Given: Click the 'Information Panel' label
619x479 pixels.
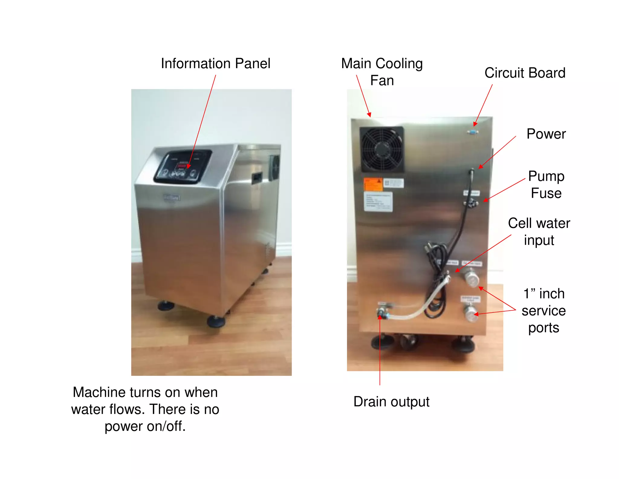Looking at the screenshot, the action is (216, 64).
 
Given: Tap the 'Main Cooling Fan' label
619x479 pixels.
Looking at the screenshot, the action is (382, 72).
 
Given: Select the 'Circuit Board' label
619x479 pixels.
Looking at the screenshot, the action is (525, 73).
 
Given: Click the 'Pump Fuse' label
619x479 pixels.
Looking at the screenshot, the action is (546, 184).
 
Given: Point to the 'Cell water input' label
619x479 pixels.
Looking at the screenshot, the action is (539, 232).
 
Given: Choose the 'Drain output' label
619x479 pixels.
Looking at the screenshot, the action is (391, 402).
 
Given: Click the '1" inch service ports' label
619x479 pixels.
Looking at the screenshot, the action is (543, 311).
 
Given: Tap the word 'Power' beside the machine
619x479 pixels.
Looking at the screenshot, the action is (546, 134).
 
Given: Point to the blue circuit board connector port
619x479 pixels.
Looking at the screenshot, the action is (472, 132).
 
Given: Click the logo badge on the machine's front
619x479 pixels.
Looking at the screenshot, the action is (171, 197).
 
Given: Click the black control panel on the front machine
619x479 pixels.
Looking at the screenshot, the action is (183, 167).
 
